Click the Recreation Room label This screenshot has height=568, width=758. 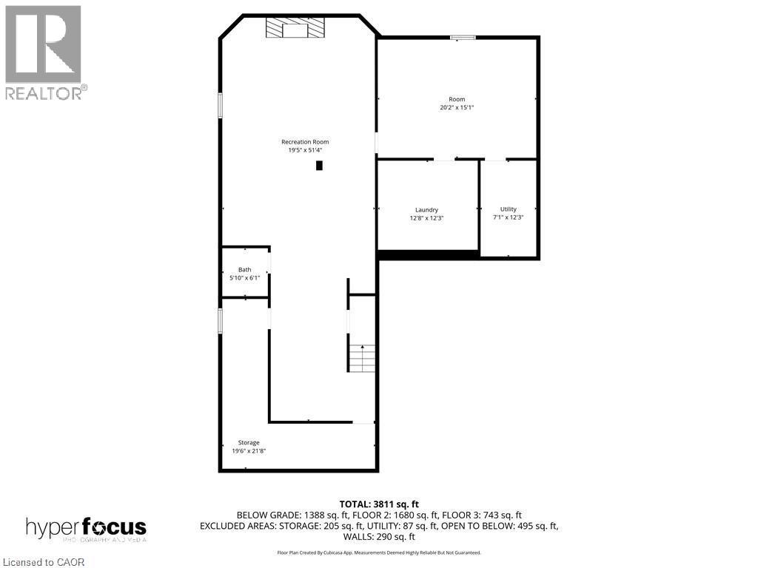tap(304, 142)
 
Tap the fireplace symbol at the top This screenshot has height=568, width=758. tap(295, 28)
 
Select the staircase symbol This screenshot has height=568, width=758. tap(361, 358)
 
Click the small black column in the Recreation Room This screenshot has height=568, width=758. tap(319, 166)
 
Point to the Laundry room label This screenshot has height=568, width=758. tap(426, 210)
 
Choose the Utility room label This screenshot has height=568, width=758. tap(508, 209)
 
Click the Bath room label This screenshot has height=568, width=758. tap(244, 270)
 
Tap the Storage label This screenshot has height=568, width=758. tap(249, 442)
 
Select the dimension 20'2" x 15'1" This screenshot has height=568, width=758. tap(456, 107)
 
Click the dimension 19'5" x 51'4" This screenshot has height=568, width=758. tap(304, 150)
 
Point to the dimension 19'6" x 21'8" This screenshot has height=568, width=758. tap(249, 450)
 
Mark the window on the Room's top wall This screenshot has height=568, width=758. tap(463, 37)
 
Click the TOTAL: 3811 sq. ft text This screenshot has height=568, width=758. tap(379, 504)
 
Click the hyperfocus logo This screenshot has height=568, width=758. tap(86, 528)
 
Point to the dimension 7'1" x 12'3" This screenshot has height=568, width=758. tap(508, 217)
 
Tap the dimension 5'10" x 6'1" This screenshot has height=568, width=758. tap(244, 278)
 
